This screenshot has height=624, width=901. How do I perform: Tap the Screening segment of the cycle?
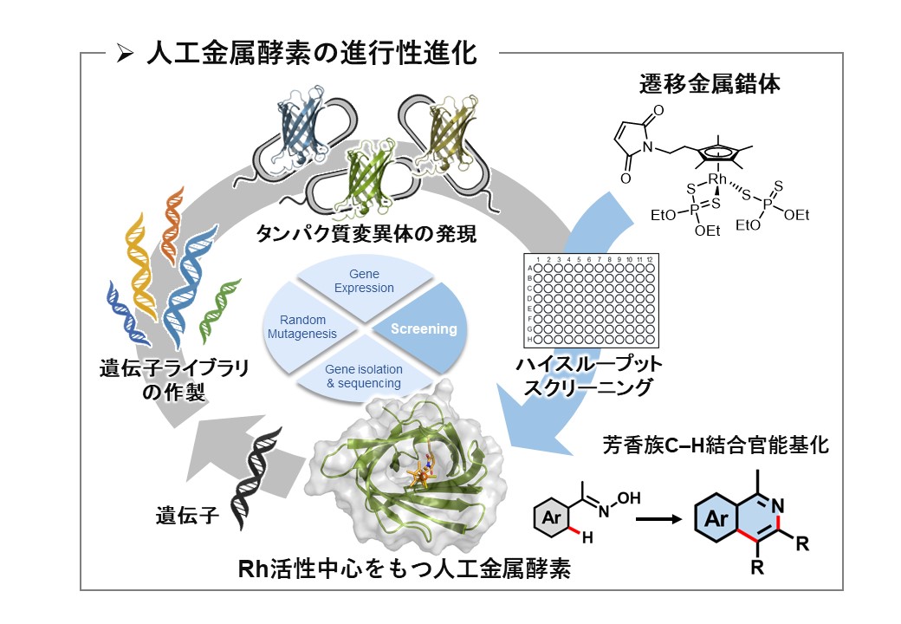pos(423,329)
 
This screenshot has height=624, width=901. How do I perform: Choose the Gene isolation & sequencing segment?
pos(363,375)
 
